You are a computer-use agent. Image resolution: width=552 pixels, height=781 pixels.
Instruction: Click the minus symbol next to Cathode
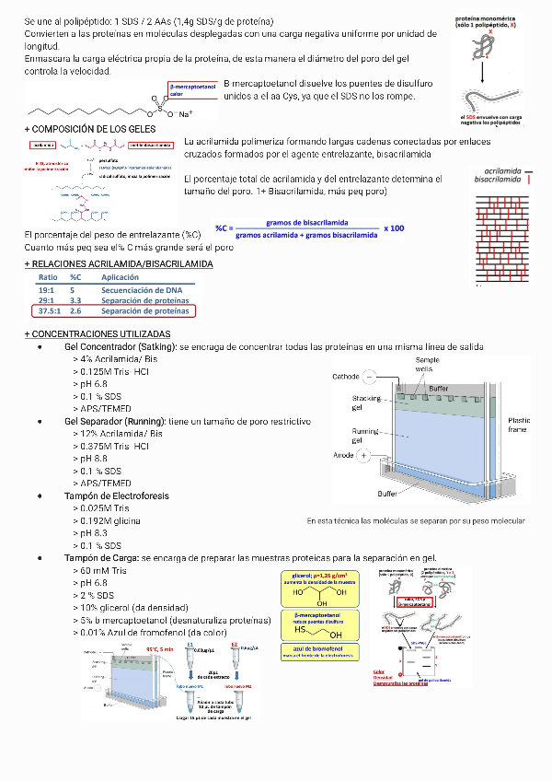369,377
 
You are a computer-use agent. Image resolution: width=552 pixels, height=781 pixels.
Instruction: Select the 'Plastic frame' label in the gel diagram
519,424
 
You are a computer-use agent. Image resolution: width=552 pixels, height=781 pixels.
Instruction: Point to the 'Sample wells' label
428,364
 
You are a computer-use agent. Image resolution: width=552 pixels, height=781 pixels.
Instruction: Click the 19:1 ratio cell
46,289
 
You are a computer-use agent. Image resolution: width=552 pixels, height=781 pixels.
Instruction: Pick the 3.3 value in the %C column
76,300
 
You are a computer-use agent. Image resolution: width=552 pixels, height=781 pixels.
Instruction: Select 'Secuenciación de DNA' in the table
142,289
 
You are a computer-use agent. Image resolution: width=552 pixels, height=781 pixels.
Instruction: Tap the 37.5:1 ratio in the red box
50,311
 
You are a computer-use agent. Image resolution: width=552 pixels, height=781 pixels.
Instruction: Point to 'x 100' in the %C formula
395,227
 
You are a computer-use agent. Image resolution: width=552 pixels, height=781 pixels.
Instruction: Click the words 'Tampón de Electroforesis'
117,495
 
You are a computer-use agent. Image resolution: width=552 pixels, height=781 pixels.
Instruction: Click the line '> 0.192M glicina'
107,520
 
